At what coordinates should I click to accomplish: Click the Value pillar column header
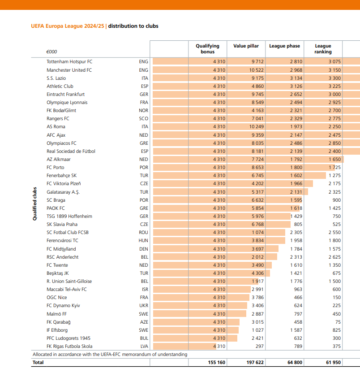[246, 46]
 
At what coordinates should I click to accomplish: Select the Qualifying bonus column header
[207, 49]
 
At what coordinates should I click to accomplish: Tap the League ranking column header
[323, 49]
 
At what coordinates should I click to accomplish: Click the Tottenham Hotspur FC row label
[69, 61]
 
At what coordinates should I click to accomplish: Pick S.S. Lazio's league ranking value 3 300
[334, 78]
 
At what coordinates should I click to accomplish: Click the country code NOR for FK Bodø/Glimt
[143, 110]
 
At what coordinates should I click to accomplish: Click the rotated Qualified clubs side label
[34, 204]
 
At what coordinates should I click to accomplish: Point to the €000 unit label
[51, 52]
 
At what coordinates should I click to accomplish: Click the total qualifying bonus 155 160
[217, 362]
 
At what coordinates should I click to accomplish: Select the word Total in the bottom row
[38, 362]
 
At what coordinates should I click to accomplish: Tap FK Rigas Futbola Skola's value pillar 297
[259, 346]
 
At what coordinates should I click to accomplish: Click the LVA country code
[144, 346]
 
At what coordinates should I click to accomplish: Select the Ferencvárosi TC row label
[62, 241]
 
